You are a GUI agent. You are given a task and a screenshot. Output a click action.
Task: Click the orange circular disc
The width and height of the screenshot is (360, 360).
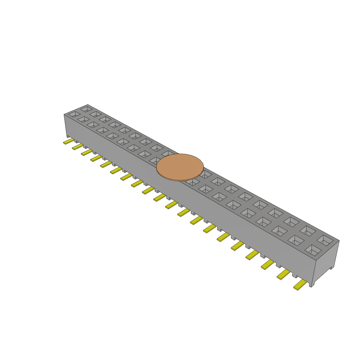(180, 167)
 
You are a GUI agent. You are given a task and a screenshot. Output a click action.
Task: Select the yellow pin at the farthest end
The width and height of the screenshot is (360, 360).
(69, 141)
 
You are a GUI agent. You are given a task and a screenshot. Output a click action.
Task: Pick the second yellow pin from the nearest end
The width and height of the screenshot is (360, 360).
(283, 274)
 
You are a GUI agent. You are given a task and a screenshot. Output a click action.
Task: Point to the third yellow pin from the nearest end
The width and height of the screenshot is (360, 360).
(268, 264)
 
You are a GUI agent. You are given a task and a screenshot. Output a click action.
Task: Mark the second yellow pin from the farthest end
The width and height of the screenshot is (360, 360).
(78, 147)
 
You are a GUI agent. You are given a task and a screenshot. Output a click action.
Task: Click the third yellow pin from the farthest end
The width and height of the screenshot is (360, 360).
(87, 152)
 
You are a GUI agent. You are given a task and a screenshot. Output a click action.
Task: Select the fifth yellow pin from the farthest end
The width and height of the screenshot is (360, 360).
(106, 164)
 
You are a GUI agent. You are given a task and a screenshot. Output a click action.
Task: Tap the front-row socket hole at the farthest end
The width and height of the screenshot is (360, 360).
(74, 114)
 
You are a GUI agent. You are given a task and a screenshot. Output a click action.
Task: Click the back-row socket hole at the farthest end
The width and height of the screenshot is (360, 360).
(86, 109)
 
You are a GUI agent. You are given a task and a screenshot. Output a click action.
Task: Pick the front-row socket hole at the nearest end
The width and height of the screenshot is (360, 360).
(313, 250)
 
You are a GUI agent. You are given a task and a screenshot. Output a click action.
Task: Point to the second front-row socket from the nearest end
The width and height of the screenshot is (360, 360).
(296, 240)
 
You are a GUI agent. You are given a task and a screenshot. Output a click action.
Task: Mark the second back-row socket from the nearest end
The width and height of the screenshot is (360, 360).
(308, 231)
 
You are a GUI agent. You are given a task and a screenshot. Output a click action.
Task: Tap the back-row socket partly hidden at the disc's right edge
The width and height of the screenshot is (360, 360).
(205, 174)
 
